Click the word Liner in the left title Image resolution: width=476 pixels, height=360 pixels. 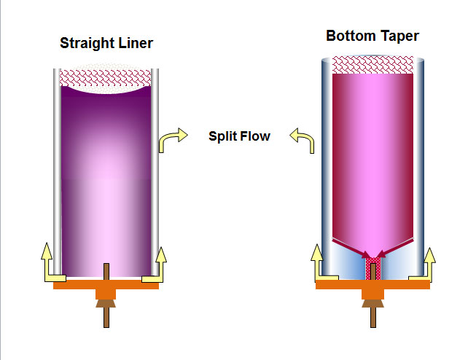click(x=137, y=44)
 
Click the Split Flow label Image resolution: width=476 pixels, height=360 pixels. click(x=239, y=136)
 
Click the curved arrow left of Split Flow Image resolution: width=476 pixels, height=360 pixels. click(x=171, y=139)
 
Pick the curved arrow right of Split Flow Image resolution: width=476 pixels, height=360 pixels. click(x=303, y=139)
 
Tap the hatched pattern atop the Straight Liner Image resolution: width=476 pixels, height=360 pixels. click(x=106, y=77)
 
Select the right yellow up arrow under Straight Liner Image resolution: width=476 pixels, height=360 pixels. click(x=161, y=259)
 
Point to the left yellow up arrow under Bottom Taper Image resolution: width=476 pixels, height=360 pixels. click(x=317, y=259)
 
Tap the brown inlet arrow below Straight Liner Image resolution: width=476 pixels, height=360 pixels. click(x=106, y=309)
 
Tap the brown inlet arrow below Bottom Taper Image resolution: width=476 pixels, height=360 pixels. click(x=373, y=309)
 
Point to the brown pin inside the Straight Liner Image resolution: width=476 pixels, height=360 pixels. click(x=106, y=270)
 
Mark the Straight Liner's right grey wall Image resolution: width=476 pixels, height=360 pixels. click(x=155, y=175)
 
